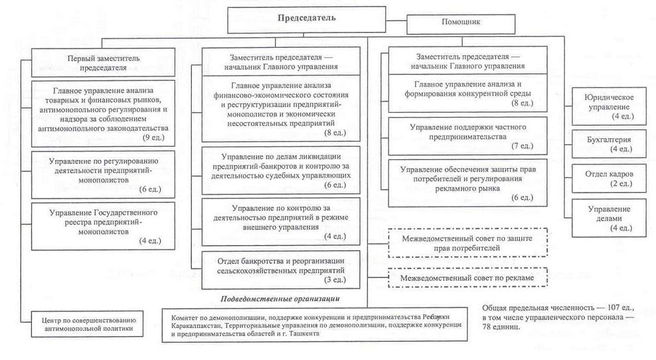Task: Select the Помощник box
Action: pyautogui.click(x=461, y=21)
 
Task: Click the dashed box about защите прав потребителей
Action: pyautogui.click(x=468, y=242)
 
